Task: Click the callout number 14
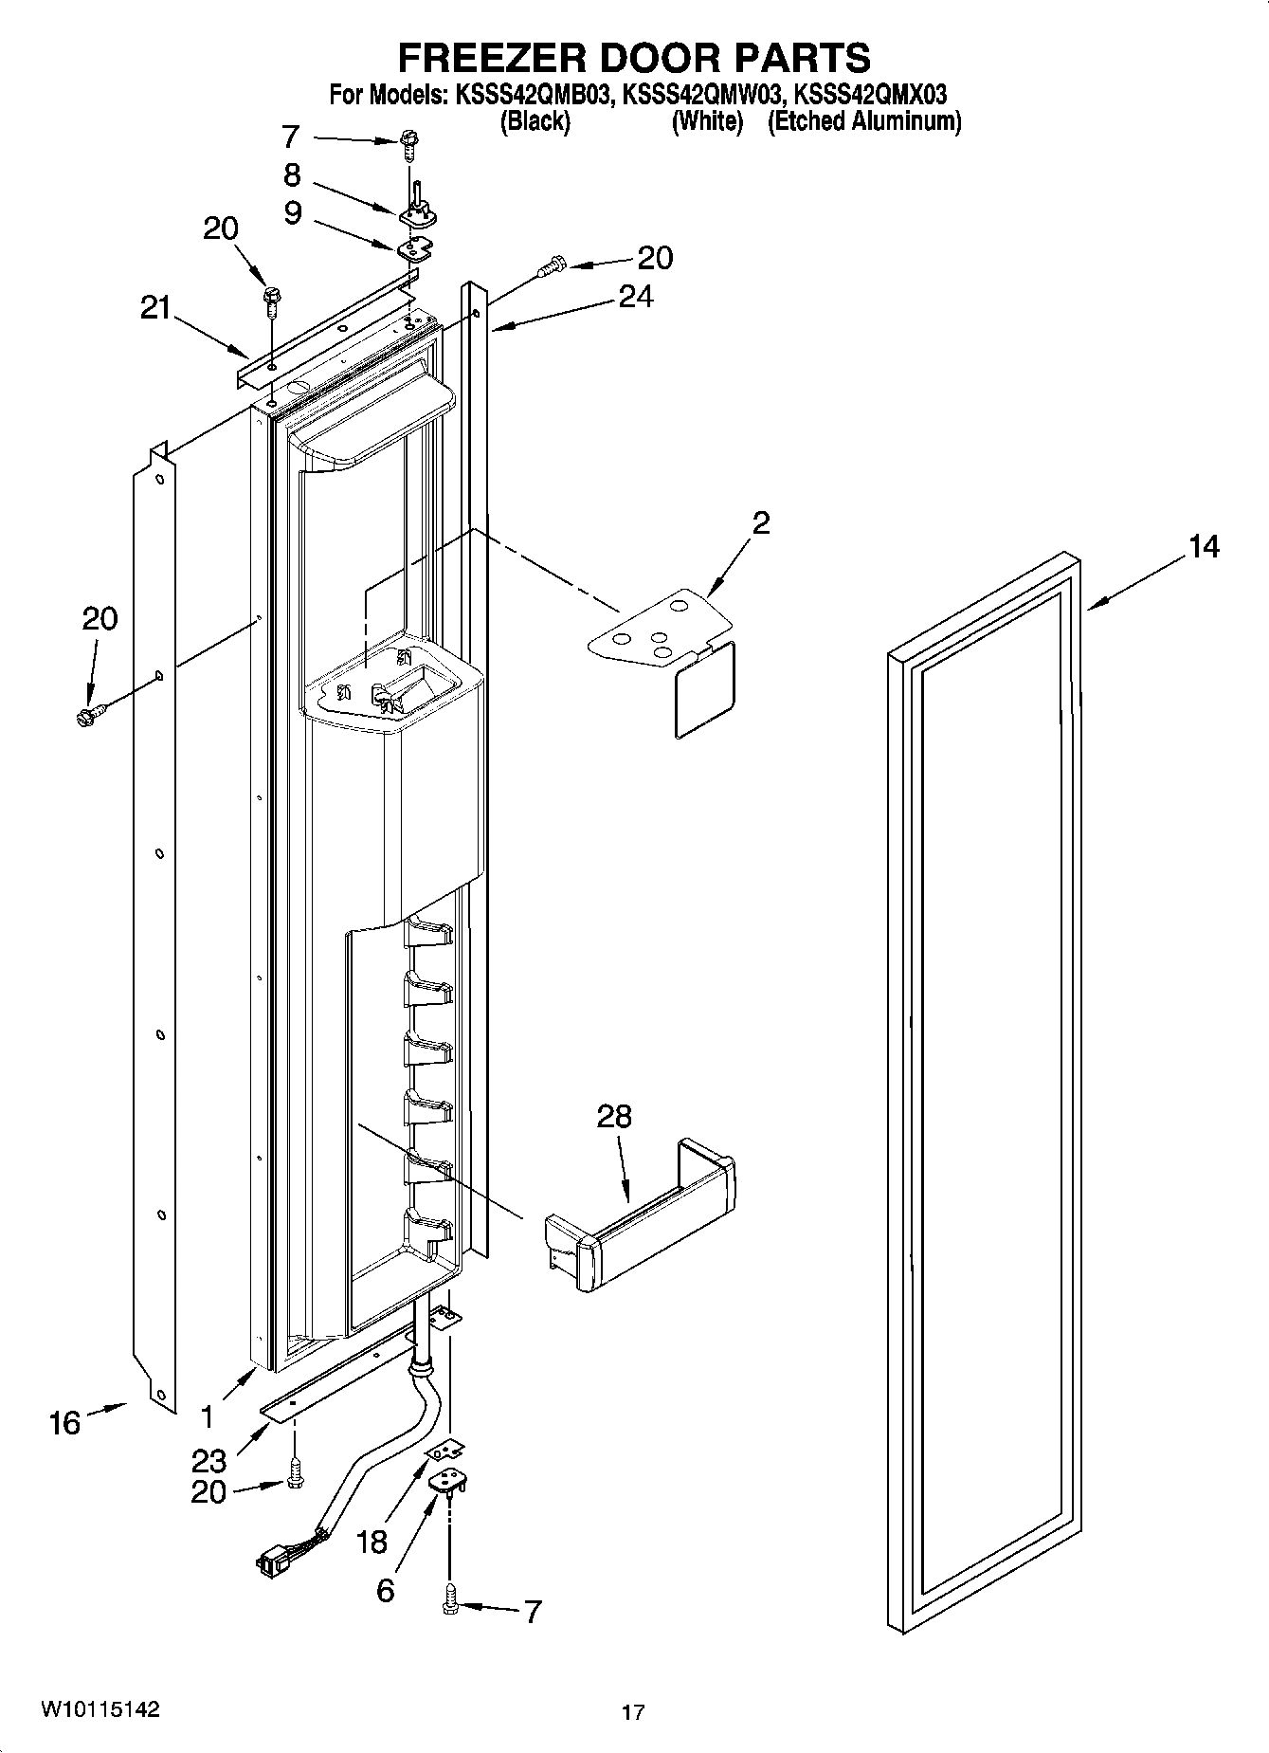(x=1204, y=547)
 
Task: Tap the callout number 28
(x=613, y=1116)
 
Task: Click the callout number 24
(x=635, y=297)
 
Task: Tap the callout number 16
(x=64, y=1423)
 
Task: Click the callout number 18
(x=372, y=1542)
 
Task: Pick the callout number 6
(x=385, y=1590)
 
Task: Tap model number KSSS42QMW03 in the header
(x=703, y=94)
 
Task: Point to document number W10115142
(x=100, y=1709)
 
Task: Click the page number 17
(x=633, y=1712)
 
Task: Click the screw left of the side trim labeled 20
(x=86, y=714)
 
